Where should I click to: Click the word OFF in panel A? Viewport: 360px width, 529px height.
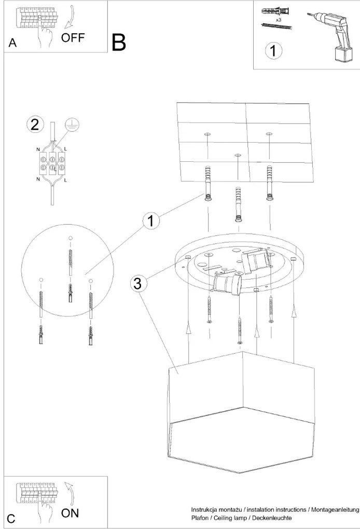[x=74, y=38]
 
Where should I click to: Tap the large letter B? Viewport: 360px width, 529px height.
[x=119, y=43]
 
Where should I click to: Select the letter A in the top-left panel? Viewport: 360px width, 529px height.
[x=12, y=44]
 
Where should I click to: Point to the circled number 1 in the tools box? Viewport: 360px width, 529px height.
[x=273, y=50]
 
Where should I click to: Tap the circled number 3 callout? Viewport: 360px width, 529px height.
[x=137, y=283]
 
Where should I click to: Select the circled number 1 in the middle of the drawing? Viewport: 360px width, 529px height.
[x=150, y=221]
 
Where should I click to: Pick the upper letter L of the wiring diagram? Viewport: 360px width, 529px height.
[x=65, y=149]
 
